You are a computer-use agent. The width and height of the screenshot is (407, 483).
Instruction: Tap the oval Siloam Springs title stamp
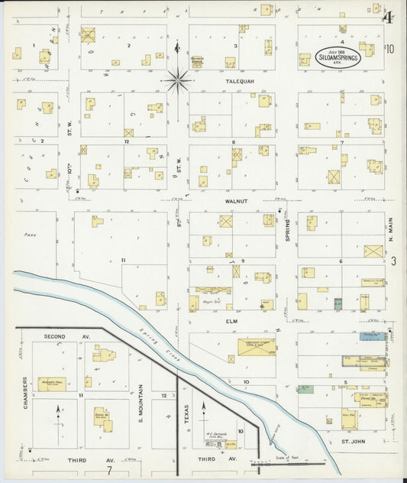click(338, 57)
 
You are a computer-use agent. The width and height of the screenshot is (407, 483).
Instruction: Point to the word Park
click(31, 235)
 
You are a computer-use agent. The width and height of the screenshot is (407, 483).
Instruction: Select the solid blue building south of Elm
click(371, 336)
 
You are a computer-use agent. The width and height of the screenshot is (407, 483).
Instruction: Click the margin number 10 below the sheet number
click(390, 50)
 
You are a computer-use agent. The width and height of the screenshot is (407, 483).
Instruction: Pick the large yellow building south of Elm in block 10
click(257, 347)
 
